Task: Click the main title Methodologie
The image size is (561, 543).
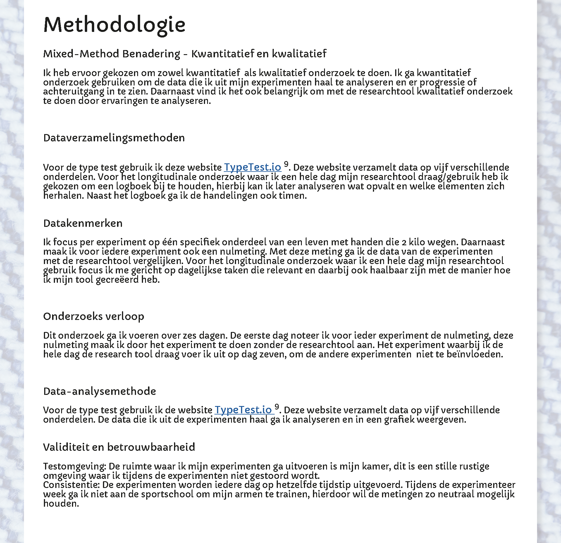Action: tap(114, 25)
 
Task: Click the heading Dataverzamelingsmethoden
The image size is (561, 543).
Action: tap(114, 138)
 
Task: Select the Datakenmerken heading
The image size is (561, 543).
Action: tap(83, 223)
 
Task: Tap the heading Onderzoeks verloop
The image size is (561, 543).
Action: tap(94, 316)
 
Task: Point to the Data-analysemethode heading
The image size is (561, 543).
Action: tap(99, 391)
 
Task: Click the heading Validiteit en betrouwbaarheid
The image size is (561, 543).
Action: tap(119, 447)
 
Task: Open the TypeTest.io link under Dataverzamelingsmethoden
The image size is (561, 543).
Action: tap(252, 167)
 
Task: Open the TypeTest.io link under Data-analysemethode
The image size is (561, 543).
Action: tap(243, 410)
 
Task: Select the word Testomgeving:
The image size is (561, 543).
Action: tap(74, 466)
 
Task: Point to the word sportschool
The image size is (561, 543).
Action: tap(167, 494)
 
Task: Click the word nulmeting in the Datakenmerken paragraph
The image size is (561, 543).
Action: tap(242, 251)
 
